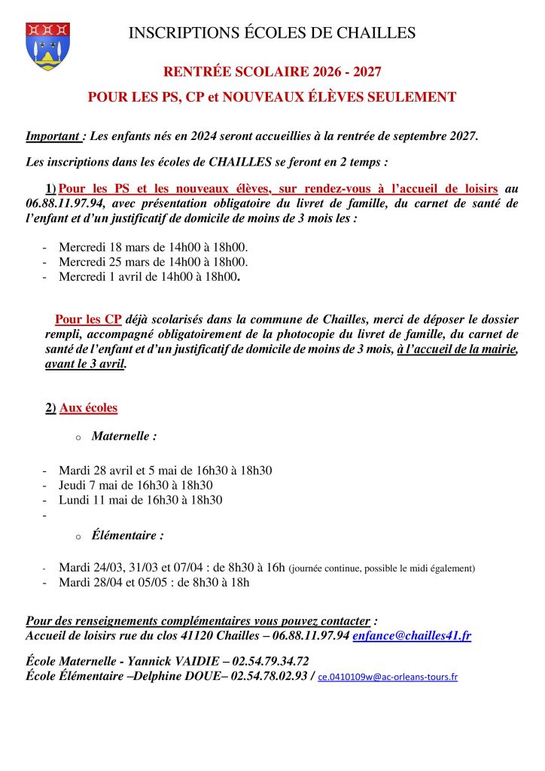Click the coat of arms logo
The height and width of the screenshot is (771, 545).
(47, 46)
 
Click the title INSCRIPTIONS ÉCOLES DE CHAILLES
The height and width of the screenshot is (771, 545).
(272, 32)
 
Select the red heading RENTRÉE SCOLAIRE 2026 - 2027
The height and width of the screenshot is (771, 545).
(272, 72)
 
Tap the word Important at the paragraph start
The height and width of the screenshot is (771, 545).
(53, 136)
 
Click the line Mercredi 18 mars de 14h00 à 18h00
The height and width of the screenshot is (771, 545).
(154, 247)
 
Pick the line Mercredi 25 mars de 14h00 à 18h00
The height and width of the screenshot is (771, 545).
(154, 262)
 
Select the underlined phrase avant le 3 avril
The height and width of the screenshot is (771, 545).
(86, 364)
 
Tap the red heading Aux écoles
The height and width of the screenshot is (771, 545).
(88, 408)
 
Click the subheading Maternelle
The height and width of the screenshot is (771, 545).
(124, 436)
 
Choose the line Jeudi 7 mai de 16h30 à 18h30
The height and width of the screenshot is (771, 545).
(135, 485)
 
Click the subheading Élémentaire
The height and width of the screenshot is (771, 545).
(127, 536)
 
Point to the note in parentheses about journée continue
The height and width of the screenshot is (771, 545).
(382, 568)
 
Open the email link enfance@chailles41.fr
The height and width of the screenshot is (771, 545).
(412, 636)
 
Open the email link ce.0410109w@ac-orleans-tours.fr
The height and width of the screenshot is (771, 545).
(388, 677)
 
